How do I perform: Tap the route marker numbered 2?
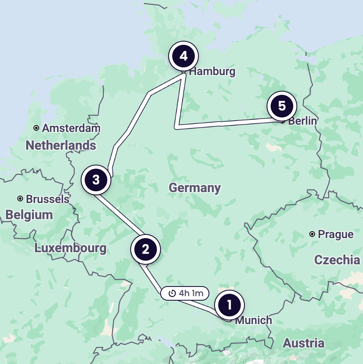pyautogui.click(x=146, y=249)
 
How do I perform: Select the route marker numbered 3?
pyautogui.click(x=96, y=180)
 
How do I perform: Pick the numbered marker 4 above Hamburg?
pyautogui.click(x=184, y=56)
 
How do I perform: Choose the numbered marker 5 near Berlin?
pyautogui.click(x=282, y=106)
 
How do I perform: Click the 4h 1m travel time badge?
pyautogui.click(x=185, y=293)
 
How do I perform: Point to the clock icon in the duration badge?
pyautogui.click(x=172, y=293)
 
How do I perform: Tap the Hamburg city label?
pyautogui.click(x=212, y=72)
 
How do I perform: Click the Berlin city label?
pyautogui.click(x=302, y=121)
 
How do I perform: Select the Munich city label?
pyautogui.click(x=253, y=320)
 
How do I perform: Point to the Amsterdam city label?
pyautogui.click(x=71, y=128)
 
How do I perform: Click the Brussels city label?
pyautogui.click(x=48, y=199)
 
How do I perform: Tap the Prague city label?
pyautogui.click(x=336, y=234)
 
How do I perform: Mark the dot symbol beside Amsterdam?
pyautogui.click(x=36, y=128)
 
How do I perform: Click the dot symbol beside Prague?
pyautogui.click(x=312, y=234)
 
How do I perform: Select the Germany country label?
pyautogui.click(x=195, y=188)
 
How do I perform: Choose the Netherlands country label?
pyautogui.click(x=61, y=145)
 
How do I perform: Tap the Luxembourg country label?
pyautogui.click(x=71, y=248)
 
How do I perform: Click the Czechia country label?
pyautogui.click(x=337, y=259)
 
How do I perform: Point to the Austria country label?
pyautogui.click(x=304, y=343)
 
